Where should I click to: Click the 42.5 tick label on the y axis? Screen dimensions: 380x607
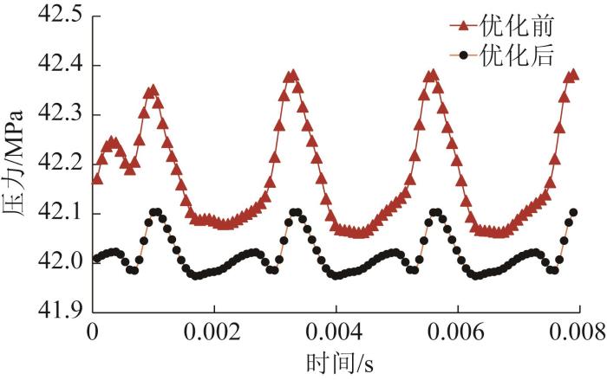(56, 15)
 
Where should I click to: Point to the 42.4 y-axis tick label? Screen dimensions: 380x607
(56, 65)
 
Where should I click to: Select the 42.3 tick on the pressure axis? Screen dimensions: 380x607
(56, 114)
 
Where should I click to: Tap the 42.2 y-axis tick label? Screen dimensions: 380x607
(56, 164)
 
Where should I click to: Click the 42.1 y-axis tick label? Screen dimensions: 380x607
(56, 213)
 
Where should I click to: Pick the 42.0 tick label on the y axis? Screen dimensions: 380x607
(56, 262)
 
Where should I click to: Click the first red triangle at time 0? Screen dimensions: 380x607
(96, 179)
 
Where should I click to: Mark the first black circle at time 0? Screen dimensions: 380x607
(96, 258)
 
